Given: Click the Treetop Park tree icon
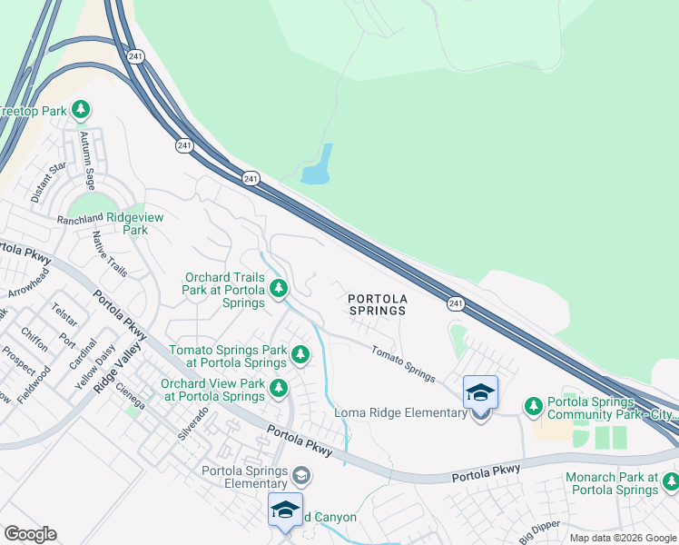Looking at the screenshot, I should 81,110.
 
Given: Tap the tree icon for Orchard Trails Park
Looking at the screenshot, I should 279,289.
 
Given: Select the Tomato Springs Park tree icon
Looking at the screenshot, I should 300,352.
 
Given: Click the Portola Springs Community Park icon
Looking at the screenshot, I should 534,404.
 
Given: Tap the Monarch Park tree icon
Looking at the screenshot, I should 670,481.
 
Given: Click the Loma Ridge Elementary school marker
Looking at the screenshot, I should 480,394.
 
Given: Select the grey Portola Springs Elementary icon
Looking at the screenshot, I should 301,475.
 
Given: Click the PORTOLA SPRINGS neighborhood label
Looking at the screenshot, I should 378,303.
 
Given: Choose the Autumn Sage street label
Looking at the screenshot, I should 88,160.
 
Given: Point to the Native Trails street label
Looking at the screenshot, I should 111,257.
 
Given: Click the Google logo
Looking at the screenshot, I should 30,533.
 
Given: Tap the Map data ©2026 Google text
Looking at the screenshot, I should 622,538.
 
